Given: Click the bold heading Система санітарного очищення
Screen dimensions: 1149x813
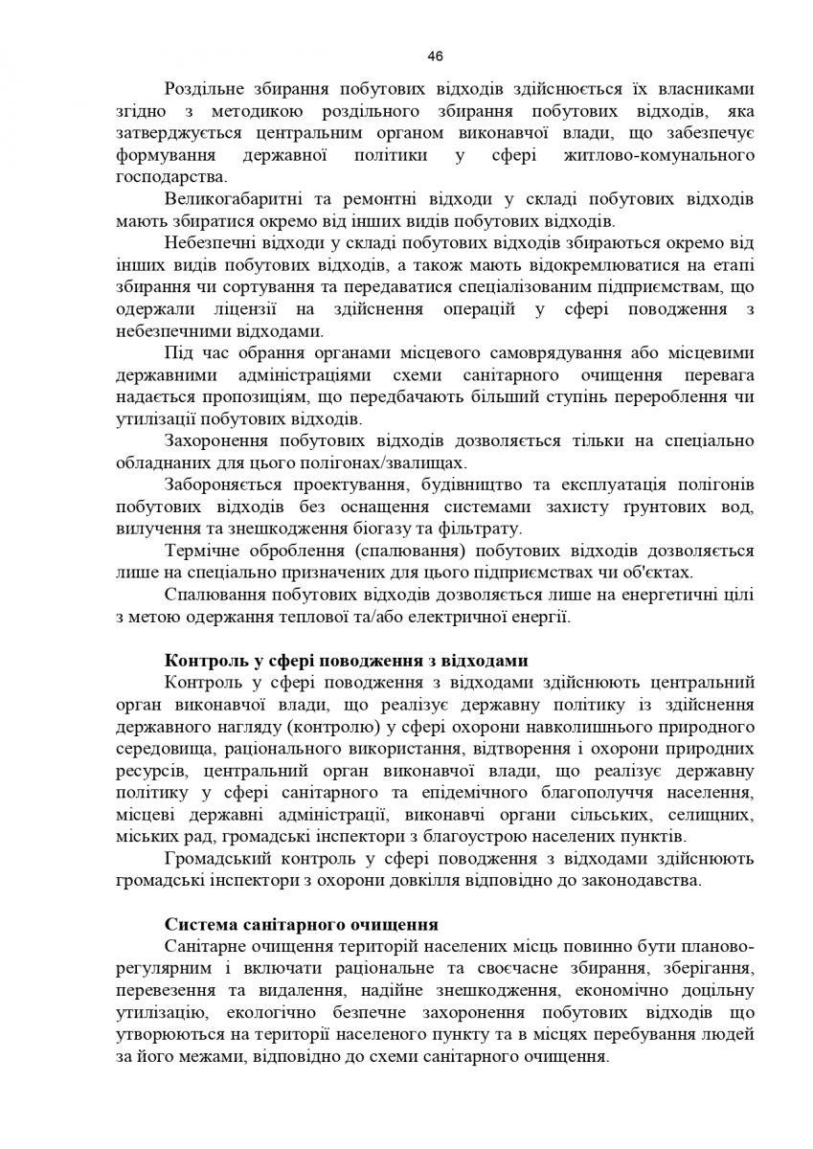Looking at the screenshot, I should tap(302, 924).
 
